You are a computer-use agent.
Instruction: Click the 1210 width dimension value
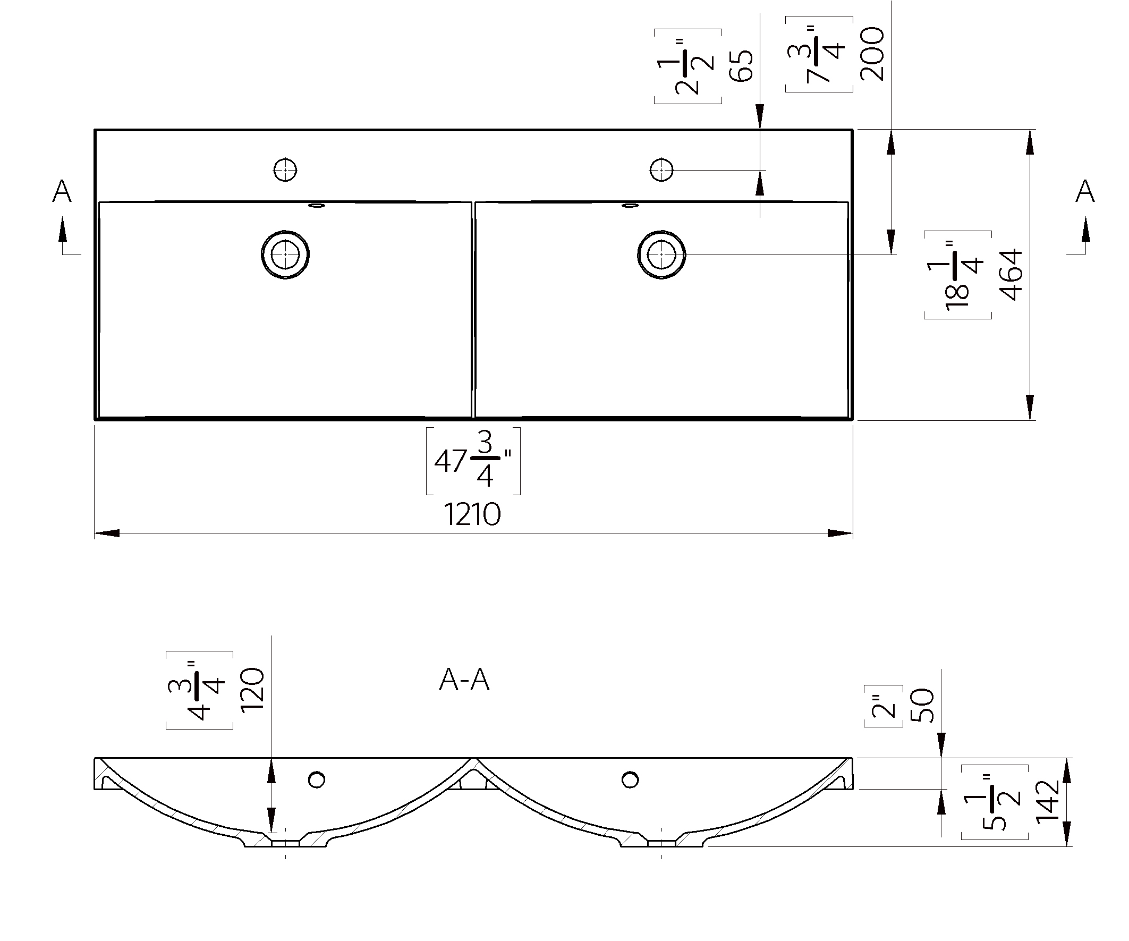click(472, 514)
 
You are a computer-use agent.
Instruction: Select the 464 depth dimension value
click(1011, 274)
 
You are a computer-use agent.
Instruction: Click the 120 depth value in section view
click(252, 690)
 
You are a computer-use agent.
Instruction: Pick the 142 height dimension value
click(1047, 802)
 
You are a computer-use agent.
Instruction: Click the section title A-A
click(464, 681)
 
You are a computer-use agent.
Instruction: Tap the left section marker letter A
click(62, 191)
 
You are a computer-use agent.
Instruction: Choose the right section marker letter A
click(1085, 191)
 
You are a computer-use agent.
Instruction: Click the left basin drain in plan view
click(285, 255)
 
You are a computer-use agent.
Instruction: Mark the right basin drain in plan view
click(661, 255)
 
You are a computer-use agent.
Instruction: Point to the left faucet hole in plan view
click(285, 170)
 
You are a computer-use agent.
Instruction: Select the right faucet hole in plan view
click(661, 170)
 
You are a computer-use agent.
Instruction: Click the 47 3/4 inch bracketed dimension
click(473, 461)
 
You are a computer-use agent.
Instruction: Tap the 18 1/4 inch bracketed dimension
click(957, 275)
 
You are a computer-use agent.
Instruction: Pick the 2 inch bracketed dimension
click(884, 706)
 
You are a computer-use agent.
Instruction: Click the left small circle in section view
click(316, 779)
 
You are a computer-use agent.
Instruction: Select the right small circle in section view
click(630, 779)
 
